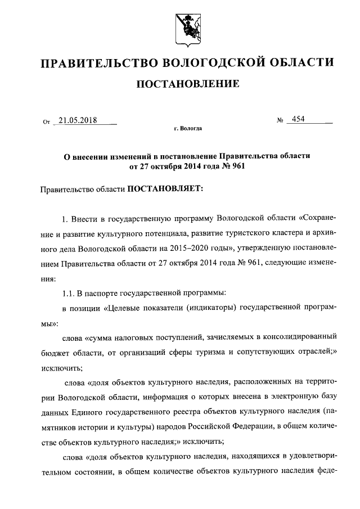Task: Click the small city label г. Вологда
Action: pyautogui.click(x=188, y=129)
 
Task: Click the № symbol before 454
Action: pyautogui.click(x=280, y=120)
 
